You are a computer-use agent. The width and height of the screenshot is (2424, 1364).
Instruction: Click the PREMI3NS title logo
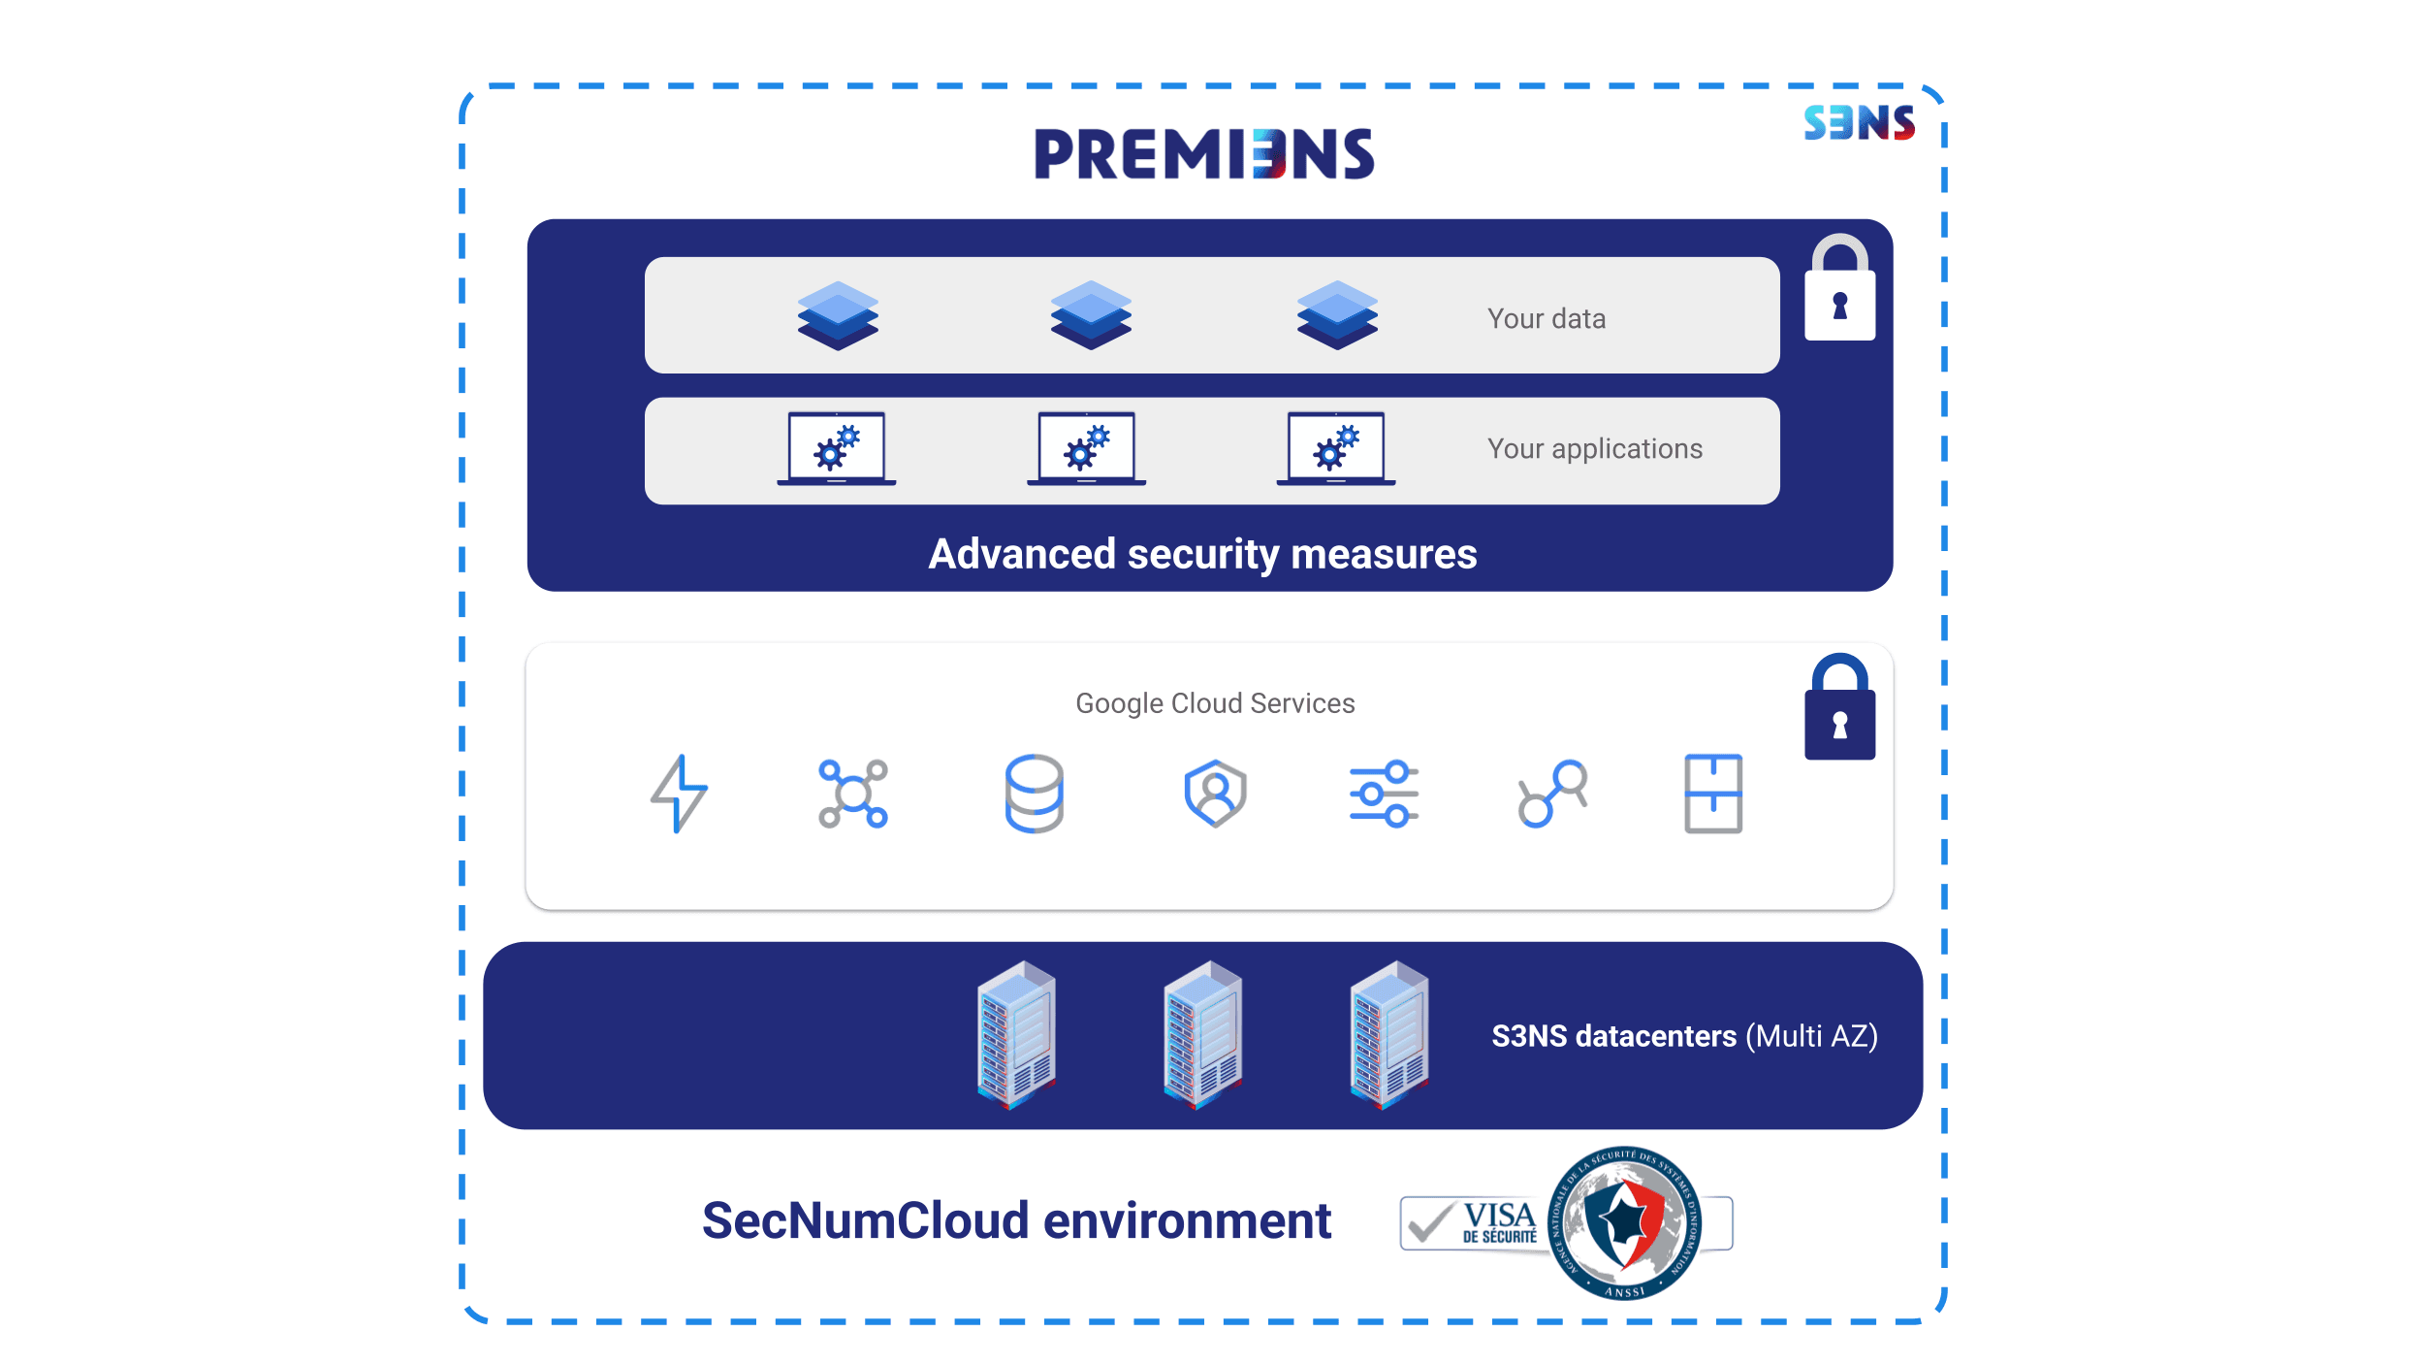point(1203,154)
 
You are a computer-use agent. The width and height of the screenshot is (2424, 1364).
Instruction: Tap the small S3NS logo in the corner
point(1859,123)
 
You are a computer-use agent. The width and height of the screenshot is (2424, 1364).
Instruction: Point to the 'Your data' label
point(1547,319)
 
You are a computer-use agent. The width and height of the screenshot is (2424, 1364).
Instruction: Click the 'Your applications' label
point(1595,449)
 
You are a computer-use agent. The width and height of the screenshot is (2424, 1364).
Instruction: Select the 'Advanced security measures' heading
point(1202,554)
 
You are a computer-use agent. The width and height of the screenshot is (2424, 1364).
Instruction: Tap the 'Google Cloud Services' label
point(1215,703)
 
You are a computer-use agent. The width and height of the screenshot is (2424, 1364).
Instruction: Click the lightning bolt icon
point(679,794)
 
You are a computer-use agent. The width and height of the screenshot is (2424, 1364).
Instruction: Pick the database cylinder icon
point(1034,794)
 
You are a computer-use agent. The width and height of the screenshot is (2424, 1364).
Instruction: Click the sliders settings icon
point(1384,794)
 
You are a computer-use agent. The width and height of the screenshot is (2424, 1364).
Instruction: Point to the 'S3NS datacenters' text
point(1613,1036)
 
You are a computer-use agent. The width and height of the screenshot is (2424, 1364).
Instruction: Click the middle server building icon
point(1202,1034)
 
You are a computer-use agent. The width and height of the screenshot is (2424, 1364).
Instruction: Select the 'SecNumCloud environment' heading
point(1016,1220)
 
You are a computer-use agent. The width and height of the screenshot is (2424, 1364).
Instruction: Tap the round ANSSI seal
point(1625,1222)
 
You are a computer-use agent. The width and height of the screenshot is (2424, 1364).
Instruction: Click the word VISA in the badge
point(1499,1216)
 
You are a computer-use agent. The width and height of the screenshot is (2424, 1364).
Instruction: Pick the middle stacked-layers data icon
point(1091,315)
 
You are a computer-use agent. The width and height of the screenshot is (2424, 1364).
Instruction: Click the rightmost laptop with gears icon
point(1336,448)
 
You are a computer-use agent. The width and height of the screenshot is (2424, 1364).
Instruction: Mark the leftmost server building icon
point(1016,1034)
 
